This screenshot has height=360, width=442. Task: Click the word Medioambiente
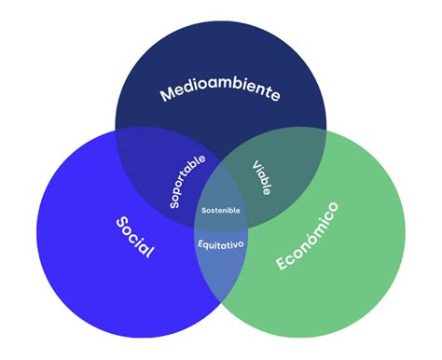(x=220, y=91)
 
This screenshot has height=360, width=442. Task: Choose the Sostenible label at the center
(x=220, y=211)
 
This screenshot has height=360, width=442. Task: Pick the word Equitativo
(x=220, y=244)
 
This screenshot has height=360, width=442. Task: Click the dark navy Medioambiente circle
(x=220, y=56)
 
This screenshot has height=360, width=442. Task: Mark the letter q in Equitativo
(x=207, y=245)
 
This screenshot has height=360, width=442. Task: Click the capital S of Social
(x=121, y=223)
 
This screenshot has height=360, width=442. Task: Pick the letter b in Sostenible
(x=231, y=211)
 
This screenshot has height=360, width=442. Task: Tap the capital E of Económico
(x=281, y=264)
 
